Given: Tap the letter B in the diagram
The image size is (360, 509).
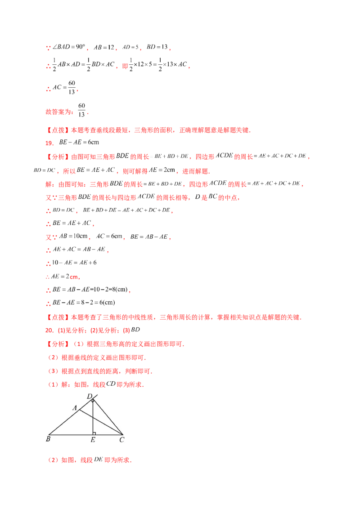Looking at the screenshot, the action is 48,439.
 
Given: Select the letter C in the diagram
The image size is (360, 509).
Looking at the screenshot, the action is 121,440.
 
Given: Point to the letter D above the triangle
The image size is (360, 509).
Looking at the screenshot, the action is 89,396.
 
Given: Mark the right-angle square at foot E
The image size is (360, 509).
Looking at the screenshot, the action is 94,433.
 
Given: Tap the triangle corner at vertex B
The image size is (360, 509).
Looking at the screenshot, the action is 49,435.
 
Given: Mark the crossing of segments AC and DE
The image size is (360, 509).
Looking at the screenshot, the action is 93,418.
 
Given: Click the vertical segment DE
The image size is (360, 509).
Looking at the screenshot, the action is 93,425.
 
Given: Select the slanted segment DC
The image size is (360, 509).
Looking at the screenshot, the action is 108,417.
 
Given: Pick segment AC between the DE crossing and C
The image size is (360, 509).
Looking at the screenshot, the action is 108,426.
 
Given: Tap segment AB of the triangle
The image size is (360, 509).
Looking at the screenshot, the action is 64,423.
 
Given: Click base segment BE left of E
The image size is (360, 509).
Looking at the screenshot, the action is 71,435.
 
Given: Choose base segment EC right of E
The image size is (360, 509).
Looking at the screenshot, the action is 108,435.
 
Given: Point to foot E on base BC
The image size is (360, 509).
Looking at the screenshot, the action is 93,435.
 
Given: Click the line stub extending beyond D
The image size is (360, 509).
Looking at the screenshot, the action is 95,397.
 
